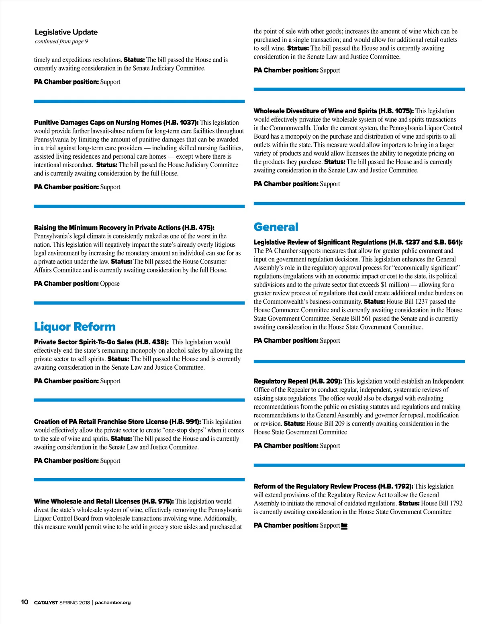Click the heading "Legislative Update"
coord(66,32)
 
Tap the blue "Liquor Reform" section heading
coord(75,327)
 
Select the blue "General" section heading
coord(276,227)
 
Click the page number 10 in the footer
coord(25,602)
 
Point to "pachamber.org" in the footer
coord(113,602)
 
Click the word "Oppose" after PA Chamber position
coord(110,284)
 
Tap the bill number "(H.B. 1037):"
coord(181,123)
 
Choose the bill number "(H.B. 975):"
coord(158,501)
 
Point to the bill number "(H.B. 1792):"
coord(396,486)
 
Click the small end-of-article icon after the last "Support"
coord(344,526)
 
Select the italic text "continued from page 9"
coord(61,41)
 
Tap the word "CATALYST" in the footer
coord(46,602)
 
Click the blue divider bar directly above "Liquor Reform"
coord(139,303)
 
